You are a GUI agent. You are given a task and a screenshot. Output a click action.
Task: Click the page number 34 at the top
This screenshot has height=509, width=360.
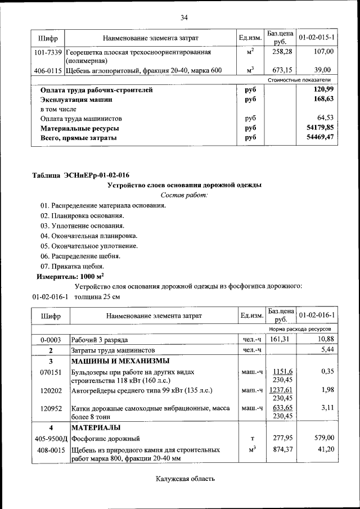(183, 17)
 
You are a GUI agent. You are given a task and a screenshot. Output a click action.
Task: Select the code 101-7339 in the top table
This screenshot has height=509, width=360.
(48, 52)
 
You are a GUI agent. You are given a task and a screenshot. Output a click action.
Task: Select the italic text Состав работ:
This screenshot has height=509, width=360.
(183, 195)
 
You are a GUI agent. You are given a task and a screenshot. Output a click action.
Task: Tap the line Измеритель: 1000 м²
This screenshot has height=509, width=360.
(70, 277)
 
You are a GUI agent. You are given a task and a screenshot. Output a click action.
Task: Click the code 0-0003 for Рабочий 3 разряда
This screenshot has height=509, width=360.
(51, 340)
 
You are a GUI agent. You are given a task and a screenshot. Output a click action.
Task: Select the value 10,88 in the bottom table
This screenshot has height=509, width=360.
(325, 340)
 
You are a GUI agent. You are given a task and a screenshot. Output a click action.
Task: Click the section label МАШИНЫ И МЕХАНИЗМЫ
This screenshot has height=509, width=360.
(120, 361)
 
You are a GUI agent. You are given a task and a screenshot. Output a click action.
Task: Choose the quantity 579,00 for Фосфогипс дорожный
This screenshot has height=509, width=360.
(323, 438)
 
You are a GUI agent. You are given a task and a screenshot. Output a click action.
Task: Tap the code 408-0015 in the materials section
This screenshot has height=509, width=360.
(51, 451)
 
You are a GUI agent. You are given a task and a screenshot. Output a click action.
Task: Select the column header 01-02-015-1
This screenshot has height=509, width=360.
(317, 38)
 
